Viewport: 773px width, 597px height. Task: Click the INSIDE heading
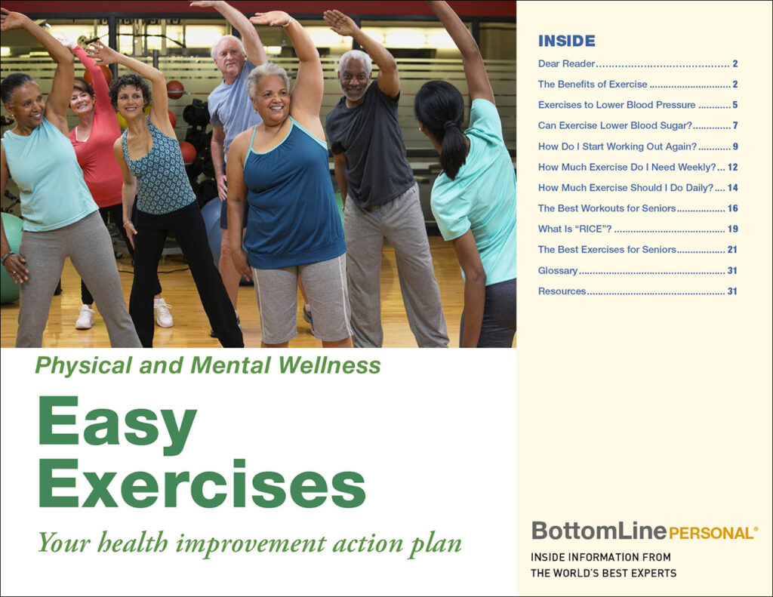[566, 41]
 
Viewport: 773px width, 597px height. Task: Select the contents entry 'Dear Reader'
[566, 63]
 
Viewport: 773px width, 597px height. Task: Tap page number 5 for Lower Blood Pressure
[735, 105]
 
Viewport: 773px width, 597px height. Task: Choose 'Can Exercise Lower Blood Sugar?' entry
[614, 126]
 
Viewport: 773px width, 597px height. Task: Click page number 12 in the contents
[732, 167]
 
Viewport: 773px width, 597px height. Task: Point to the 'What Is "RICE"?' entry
[574, 229]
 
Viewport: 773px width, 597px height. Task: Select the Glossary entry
[558, 271]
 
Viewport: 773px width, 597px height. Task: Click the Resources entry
[562, 291]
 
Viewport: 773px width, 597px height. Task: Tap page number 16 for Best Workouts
[732, 208]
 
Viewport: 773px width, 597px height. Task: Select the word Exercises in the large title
[202, 484]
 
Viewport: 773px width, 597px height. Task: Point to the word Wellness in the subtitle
[329, 365]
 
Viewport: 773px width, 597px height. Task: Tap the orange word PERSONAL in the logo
[711, 534]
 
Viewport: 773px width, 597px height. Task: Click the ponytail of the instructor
[451, 148]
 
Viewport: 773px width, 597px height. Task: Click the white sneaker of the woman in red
[85, 317]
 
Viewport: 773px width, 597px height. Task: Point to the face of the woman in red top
[82, 100]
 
